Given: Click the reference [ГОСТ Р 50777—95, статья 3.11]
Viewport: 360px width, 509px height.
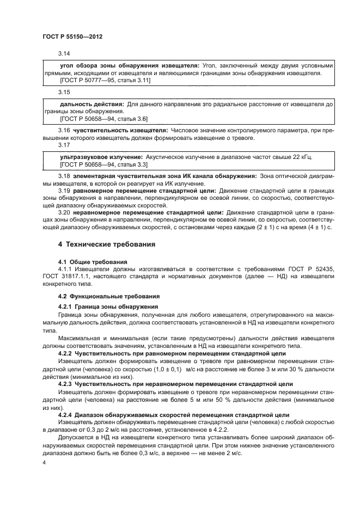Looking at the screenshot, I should [105, 80].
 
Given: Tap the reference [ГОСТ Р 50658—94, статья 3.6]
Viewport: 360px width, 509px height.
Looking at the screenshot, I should [103, 118].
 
